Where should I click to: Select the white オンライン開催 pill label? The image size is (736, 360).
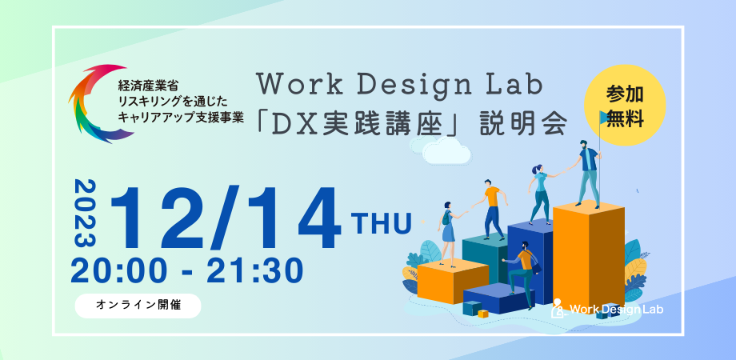(x=138, y=305)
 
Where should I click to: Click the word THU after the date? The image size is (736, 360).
(x=382, y=221)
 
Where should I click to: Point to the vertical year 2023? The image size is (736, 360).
(x=86, y=214)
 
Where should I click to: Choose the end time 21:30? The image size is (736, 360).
(x=255, y=270)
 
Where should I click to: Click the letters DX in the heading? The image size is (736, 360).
(x=292, y=124)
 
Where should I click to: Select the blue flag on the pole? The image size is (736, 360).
(x=605, y=118)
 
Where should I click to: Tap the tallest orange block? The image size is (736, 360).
(x=588, y=252)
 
